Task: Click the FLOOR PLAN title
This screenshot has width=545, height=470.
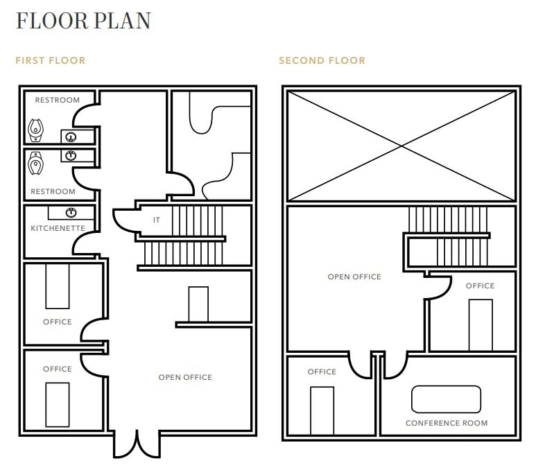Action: pos(83,21)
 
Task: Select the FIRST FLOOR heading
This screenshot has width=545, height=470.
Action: pos(51,61)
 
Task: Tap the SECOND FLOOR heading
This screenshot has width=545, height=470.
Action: pos(322,61)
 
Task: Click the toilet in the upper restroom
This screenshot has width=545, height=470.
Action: pos(35,129)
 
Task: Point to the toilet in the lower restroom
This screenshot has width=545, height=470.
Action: pos(35,164)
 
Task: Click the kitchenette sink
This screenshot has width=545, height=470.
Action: pos(70,212)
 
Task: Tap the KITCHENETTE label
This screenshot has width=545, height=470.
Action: pos(58,228)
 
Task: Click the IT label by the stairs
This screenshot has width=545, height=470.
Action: pos(157,220)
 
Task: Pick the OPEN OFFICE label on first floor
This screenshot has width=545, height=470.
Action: pos(185,377)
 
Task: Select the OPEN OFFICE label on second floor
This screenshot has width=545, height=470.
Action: pos(354,277)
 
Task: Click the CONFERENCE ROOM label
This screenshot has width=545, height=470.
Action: pos(447,423)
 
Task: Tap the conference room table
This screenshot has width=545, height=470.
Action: pos(446,399)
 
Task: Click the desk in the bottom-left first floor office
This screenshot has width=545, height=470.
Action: pos(58,404)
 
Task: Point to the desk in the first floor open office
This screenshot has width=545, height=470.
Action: pos(198,304)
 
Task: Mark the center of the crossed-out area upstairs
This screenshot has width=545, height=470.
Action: pos(401,146)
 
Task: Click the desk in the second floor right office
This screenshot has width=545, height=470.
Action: pos(481,324)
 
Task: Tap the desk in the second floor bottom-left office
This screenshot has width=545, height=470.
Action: pos(322,410)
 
